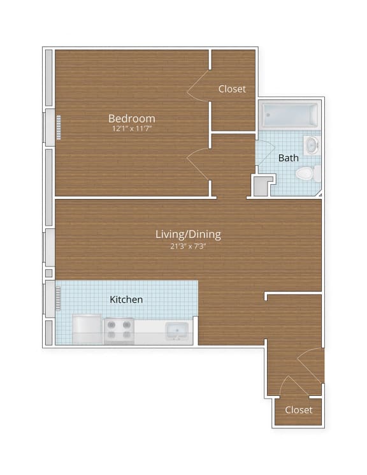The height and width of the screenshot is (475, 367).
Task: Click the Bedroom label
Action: [131, 118]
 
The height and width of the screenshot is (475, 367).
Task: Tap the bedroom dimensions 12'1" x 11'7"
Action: [131, 128]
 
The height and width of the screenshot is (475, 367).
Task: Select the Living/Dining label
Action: [188, 234]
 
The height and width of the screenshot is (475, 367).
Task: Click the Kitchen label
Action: [126, 299]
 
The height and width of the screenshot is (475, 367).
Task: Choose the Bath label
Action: [288, 157]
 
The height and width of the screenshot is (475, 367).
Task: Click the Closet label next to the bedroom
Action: [232, 89]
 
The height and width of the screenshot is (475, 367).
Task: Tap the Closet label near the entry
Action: [298, 409]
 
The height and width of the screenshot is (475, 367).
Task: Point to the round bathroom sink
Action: [312, 145]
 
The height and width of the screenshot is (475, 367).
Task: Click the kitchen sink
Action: [176, 331]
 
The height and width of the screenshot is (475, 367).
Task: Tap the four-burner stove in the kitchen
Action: [119, 330]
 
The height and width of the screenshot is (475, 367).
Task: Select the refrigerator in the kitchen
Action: [87, 329]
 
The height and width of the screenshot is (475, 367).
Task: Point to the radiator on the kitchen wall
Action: [58, 298]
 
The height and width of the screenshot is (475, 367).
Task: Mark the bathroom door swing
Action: [261, 150]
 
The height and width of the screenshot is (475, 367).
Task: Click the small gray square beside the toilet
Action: [261, 186]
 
